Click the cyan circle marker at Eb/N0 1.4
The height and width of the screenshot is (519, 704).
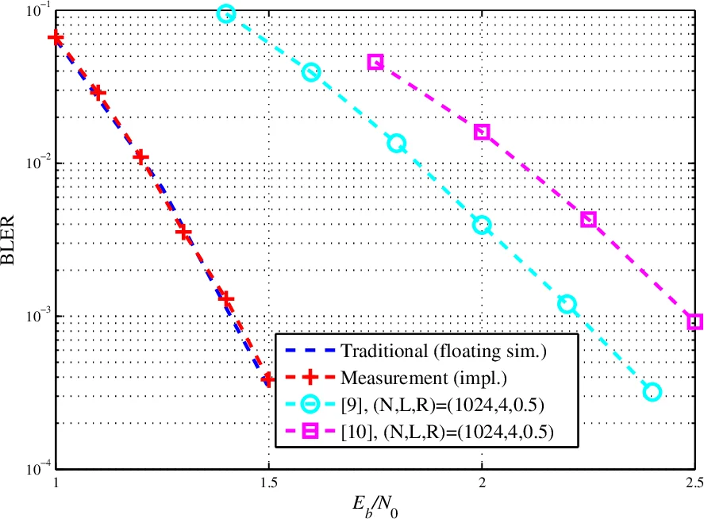226,13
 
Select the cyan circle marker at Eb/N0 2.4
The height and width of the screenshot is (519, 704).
652,391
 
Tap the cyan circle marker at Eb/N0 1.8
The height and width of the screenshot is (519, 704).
396,144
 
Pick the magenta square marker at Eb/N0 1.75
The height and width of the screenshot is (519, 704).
375,62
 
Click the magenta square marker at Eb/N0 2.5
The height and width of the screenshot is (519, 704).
694,321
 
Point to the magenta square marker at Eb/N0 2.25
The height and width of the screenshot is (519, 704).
588,220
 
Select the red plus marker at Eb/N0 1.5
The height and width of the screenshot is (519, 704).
268,380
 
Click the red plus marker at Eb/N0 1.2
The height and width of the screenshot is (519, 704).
140,157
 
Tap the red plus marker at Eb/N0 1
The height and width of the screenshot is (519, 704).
56,38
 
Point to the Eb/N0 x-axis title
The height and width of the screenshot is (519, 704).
374,505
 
